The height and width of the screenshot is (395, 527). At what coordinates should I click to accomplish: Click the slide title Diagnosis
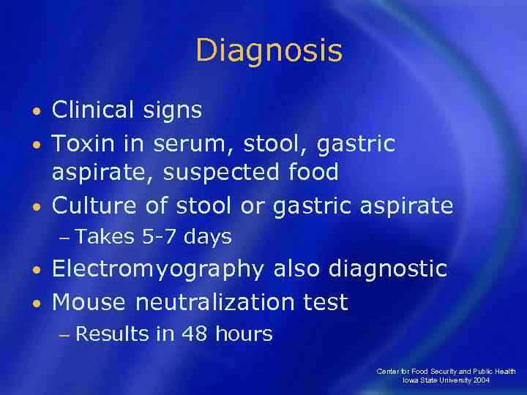coord(269,51)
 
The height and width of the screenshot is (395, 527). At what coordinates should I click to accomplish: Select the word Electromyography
coord(157,269)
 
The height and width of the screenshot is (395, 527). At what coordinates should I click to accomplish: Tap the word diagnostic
coord(387,268)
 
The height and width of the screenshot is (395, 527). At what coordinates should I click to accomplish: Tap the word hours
coord(243,335)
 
